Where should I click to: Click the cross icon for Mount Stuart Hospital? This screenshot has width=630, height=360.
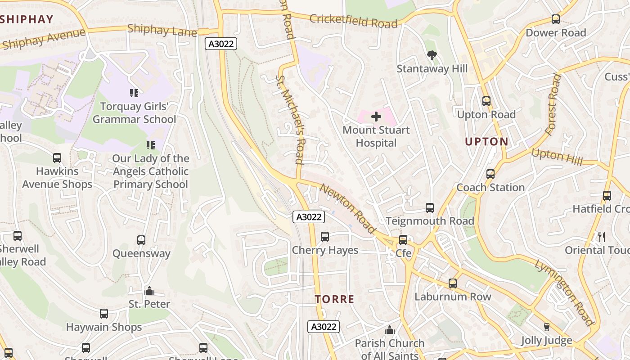pyautogui.click(x=376, y=117)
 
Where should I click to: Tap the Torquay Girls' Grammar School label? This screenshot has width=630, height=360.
pyautogui.click(x=134, y=113)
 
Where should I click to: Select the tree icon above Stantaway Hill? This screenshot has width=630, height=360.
pyautogui.click(x=432, y=56)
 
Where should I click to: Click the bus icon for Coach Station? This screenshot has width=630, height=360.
pyautogui.click(x=490, y=174)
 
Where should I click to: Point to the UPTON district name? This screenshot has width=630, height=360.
pyautogui.click(x=486, y=142)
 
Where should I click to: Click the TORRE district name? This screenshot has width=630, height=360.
pyautogui.click(x=334, y=299)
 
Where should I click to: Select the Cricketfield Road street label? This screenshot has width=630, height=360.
pyautogui.click(x=353, y=20)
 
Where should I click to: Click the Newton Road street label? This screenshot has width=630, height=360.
pyautogui.click(x=347, y=208)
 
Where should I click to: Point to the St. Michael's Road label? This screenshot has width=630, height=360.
pyautogui.click(x=290, y=119)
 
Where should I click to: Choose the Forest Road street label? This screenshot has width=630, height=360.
pyautogui.click(x=553, y=105)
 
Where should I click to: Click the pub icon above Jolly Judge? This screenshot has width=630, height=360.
pyautogui.click(x=547, y=327)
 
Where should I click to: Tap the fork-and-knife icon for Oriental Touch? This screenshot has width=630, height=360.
pyautogui.click(x=601, y=237)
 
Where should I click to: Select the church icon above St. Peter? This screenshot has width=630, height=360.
pyautogui.click(x=149, y=291)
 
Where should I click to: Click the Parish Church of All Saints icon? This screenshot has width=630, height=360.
pyautogui.click(x=390, y=330)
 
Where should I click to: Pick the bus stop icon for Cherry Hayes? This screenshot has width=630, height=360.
pyautogui.click(x=324, y=237)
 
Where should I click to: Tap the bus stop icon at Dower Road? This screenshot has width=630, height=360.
pyautogui.click(x=556, y=20)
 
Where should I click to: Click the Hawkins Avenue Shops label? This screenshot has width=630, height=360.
pyautogui.click(x=57, y=178)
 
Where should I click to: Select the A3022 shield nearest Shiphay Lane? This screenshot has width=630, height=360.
pyautogui.click(x=220, y=44)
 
